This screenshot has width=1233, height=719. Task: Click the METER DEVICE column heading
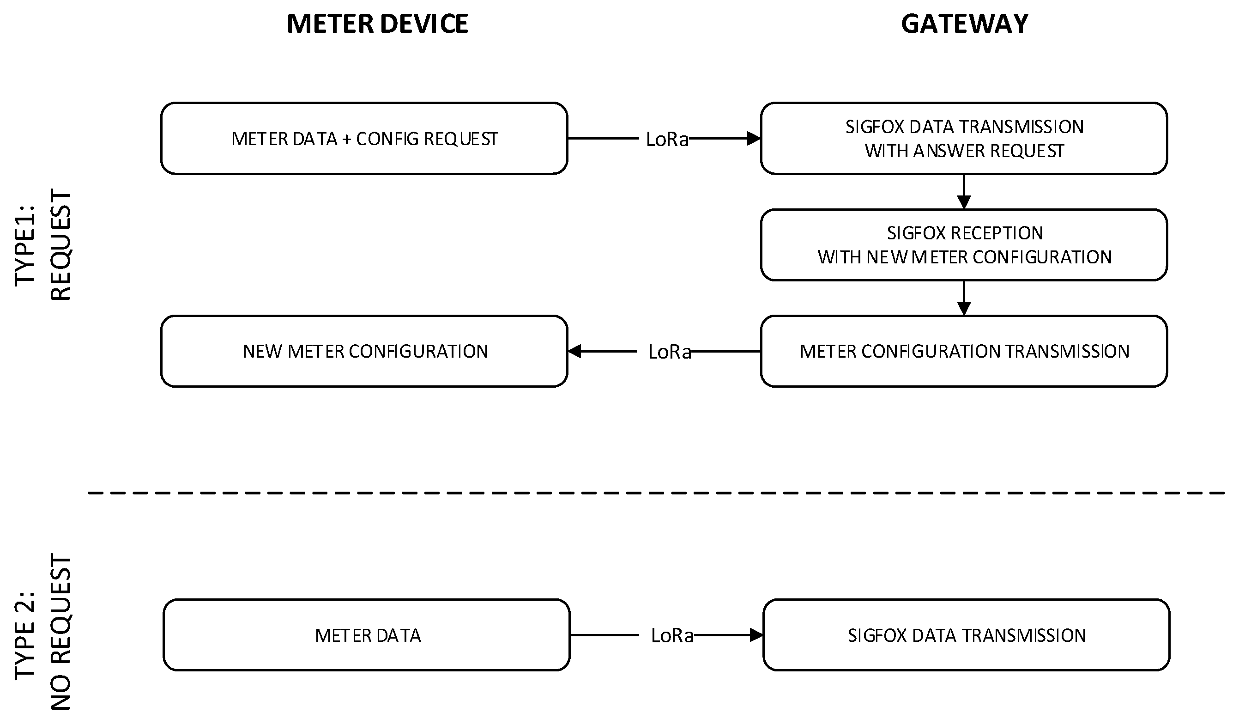tap(377, 24)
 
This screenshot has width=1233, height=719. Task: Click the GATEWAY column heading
tap(964, 24)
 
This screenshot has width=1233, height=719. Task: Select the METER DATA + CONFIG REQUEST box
tap(364, 139)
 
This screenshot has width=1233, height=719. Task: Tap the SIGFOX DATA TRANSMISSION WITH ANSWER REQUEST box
tap(964, 139)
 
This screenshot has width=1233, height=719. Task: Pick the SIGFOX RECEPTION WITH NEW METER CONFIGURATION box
tap(964, 245)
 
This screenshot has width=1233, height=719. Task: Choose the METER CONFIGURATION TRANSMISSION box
tap(964, 352)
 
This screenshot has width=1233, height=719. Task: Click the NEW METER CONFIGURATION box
tap(364, 352)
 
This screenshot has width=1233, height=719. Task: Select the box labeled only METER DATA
tap(367, 635)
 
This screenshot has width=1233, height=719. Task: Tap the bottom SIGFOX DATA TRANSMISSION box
tap(967, 635)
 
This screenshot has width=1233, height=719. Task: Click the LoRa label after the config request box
tap(667, 140)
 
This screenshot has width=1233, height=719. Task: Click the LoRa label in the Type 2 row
tap(672, 636)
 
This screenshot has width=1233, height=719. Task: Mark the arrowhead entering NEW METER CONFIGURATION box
tap(575, 352)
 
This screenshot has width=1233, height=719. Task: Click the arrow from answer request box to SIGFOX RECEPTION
tap(964, 192)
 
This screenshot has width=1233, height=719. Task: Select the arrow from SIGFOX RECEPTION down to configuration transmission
tap(964, 298)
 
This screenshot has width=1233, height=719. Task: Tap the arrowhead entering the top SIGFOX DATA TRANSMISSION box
tap(754, 139)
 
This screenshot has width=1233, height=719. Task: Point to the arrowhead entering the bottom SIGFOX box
tap(756, 635)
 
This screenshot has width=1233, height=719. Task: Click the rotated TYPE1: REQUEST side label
tap(43, 245)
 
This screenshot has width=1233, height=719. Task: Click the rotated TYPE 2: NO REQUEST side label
tap(43, 631)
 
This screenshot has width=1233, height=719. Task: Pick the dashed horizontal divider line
tap(656, 493)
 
